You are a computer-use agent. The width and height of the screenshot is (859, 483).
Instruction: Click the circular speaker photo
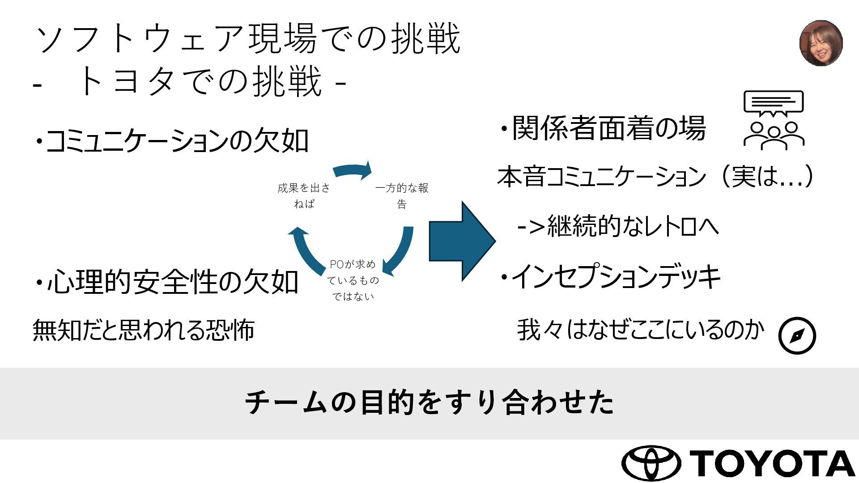point(821,43)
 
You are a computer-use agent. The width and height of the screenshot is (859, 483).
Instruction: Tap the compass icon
point(797,335)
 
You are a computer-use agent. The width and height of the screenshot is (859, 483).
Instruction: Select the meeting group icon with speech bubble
point(774,120)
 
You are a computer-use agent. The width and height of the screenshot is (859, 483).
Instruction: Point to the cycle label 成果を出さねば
point(304,196)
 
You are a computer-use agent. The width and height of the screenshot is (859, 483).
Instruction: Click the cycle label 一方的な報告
point(402,196)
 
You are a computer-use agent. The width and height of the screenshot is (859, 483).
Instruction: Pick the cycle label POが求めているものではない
point(353,280)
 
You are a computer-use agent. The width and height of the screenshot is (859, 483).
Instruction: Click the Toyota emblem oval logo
point(651,463)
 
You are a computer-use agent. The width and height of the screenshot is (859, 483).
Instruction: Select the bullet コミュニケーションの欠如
point(172,141)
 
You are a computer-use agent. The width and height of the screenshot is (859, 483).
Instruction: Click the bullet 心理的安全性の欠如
point(167,282)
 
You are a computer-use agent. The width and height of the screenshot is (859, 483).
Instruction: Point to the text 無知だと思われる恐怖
point(144,330)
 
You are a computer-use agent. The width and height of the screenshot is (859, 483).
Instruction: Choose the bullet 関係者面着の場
point(602,128)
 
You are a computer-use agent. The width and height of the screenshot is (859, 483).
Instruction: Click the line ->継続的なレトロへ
point(618,226)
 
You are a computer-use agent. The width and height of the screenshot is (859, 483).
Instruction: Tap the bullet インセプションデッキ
point(610,277)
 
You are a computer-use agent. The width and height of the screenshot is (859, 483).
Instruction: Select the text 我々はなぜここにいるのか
point(640,330)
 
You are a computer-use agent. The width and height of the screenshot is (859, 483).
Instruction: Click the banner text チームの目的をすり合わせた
point(429,402)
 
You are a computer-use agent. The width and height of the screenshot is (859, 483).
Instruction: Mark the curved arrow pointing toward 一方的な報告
point(353,169)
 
